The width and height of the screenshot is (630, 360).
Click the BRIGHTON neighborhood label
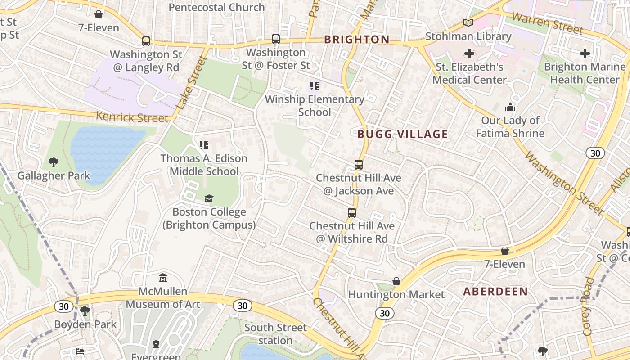point(357,40)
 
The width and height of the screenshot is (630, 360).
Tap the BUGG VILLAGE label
point(403,134)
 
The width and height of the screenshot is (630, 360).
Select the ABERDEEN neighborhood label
point(495,292)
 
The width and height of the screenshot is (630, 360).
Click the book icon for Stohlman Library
point(468,22)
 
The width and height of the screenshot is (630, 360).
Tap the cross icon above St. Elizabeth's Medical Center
point(469,54)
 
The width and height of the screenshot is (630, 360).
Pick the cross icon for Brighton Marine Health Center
point(585,54)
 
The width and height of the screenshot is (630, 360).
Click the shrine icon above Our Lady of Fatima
point(510,107)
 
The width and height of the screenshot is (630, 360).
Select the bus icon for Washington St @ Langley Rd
point(146,41)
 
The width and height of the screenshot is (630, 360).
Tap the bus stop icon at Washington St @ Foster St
point(276,39)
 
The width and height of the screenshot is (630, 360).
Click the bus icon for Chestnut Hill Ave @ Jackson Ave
point(359,165)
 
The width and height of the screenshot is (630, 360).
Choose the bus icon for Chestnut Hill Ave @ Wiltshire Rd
point(352,213)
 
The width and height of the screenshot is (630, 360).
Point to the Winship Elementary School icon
point(315,85)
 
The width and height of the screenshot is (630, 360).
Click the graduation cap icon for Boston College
point(209,199)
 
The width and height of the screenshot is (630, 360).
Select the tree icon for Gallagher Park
point(54,162)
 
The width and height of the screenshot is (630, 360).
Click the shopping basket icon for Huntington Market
point(396,282)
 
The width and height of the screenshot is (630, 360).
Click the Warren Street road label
point(547,23)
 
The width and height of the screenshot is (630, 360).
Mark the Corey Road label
point(588,306)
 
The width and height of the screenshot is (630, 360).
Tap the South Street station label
point(275,334)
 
